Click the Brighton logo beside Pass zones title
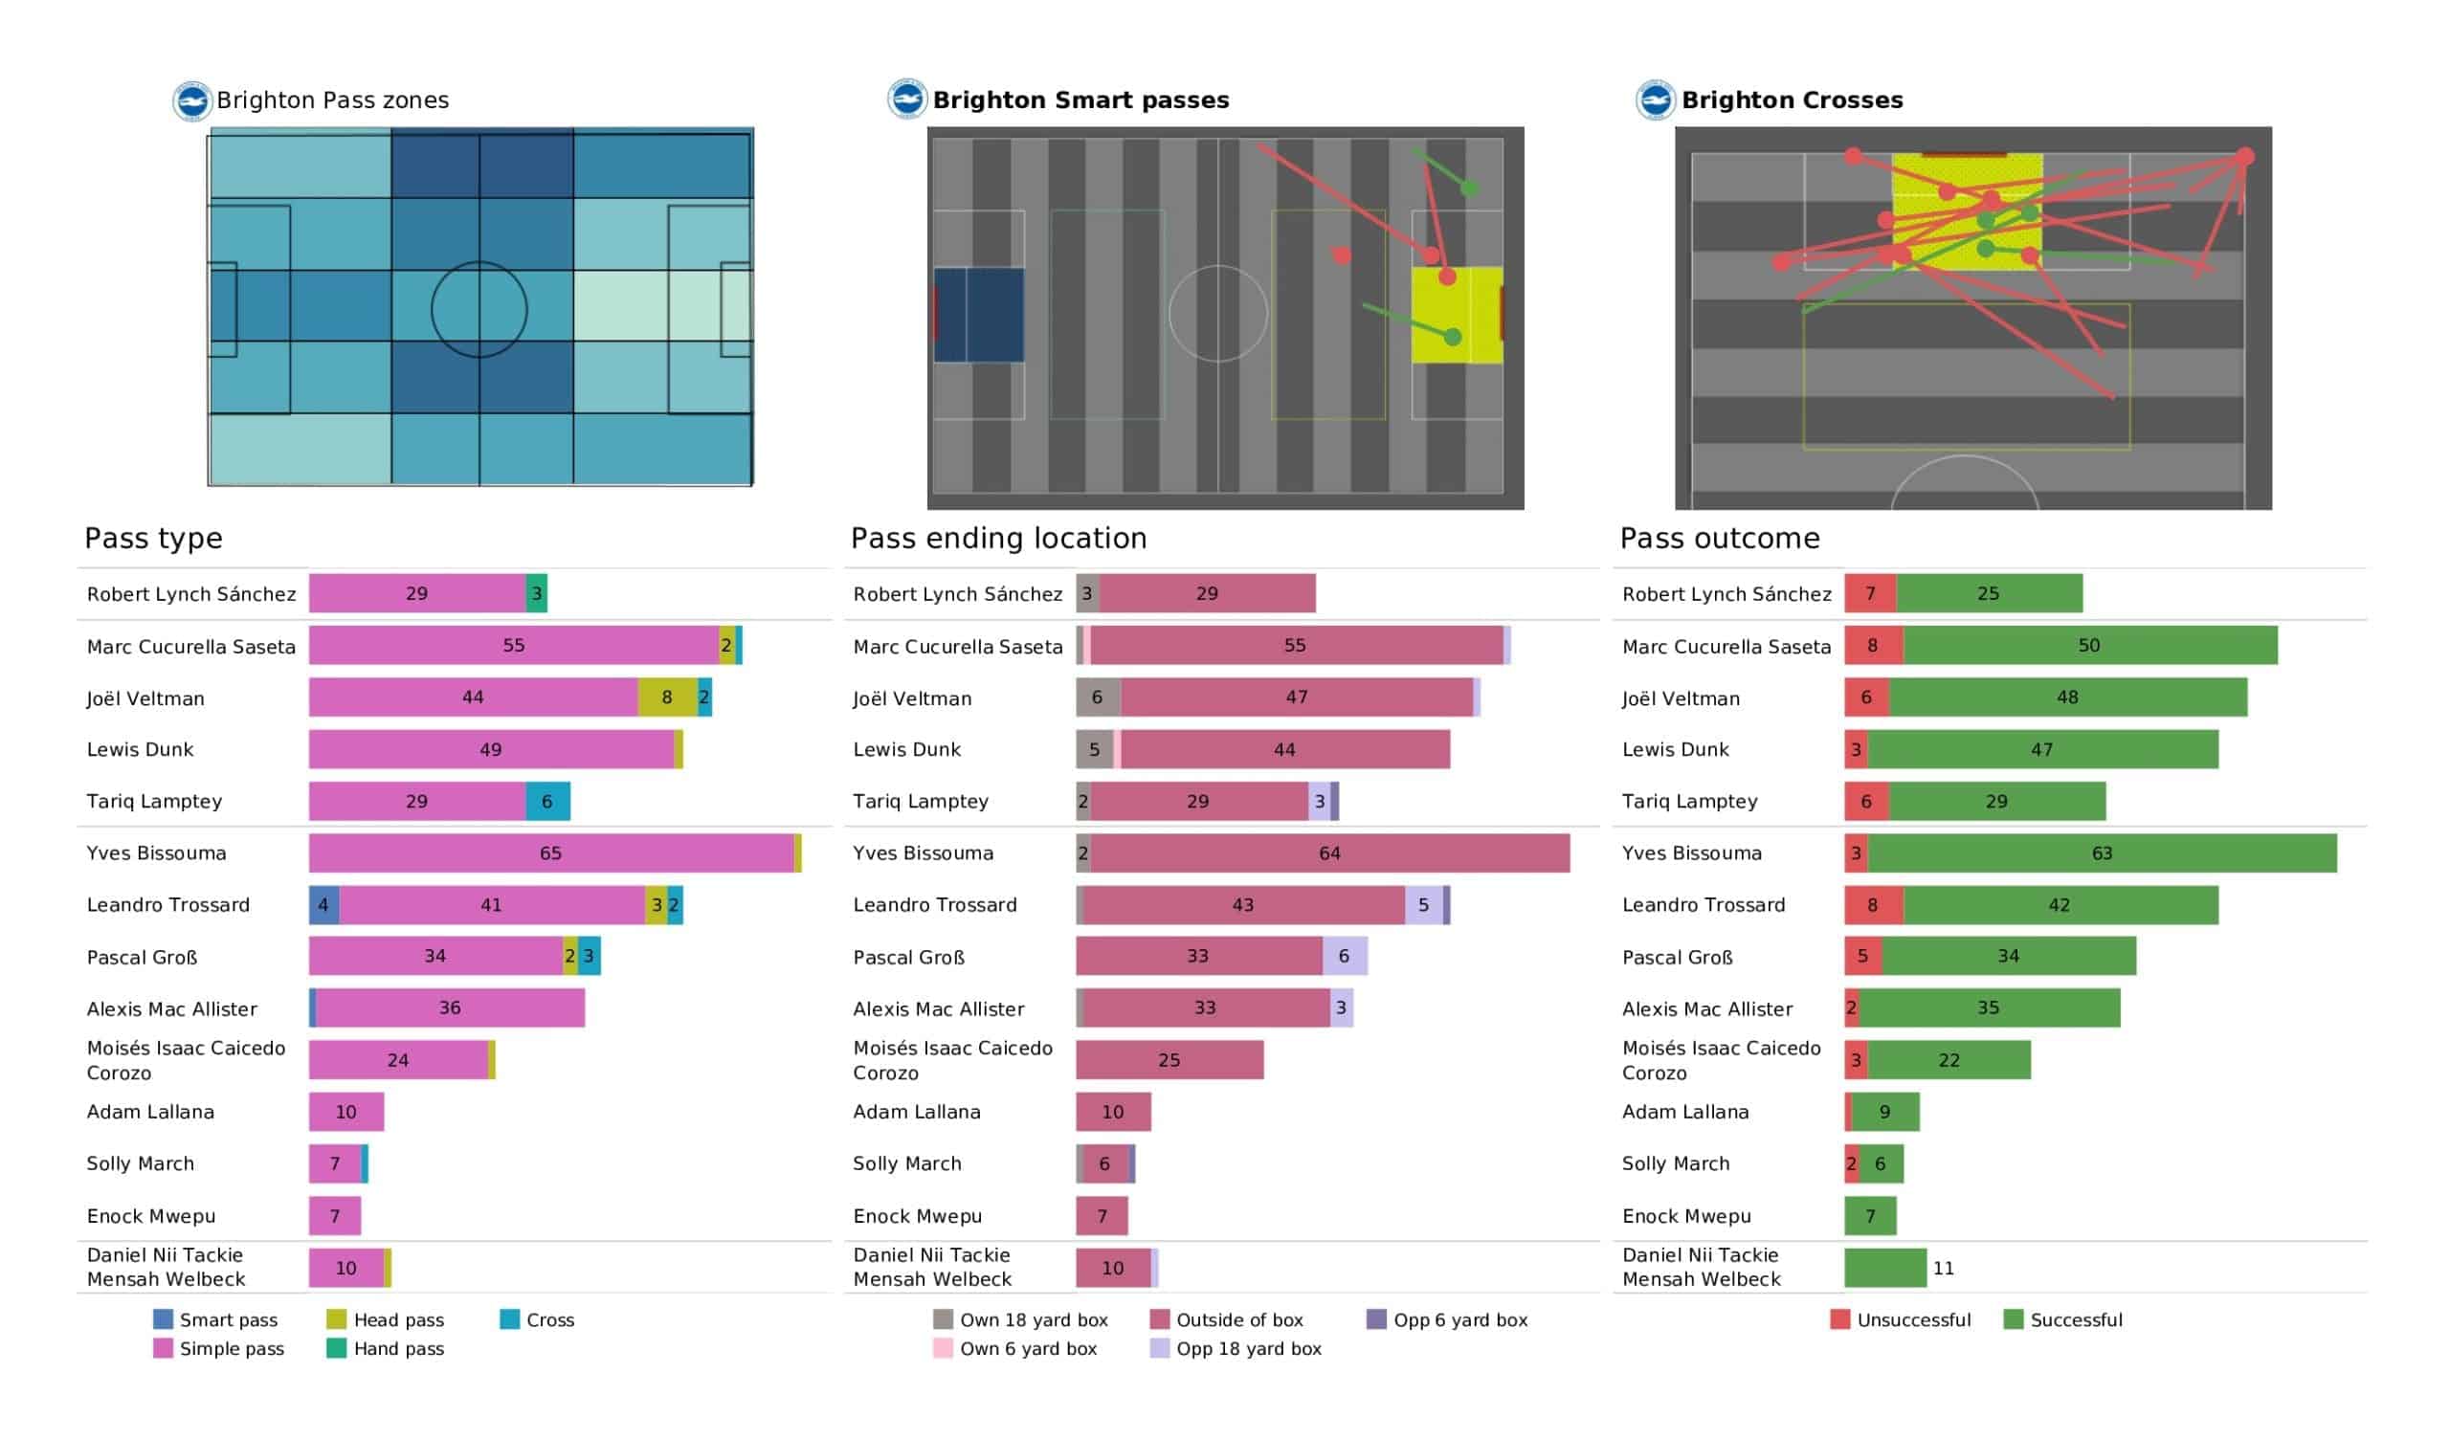click(x=192, y=101)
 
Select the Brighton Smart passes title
click(x=1080, y=100)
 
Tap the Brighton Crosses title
click(x=1792, y=100)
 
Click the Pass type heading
click(x=154, y=538)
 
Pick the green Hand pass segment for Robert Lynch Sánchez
click(x=537, y=593)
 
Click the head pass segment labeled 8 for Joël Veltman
click(x=668, y=697)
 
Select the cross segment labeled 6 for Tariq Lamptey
click(x=548, y=801)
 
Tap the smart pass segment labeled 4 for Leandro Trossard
click(x=323, y=905)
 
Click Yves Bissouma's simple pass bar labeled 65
click(x=551, y=852)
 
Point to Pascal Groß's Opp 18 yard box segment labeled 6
click(x=1345, y=957)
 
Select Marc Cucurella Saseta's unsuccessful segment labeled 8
click(x=1874, y=646)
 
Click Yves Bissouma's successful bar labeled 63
click(x=2102, y=852)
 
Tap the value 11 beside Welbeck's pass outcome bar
click(x=1943, y=1268)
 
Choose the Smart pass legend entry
click(x=216, y=1319)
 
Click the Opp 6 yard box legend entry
click(x=1448, y=1319)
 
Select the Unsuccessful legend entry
click(x=1901, y=1319)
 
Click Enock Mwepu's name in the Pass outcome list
click(x=1686, y=1216)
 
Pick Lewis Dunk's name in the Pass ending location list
click(x=906, y=750)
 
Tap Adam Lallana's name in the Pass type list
click(x=149, y=1113)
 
